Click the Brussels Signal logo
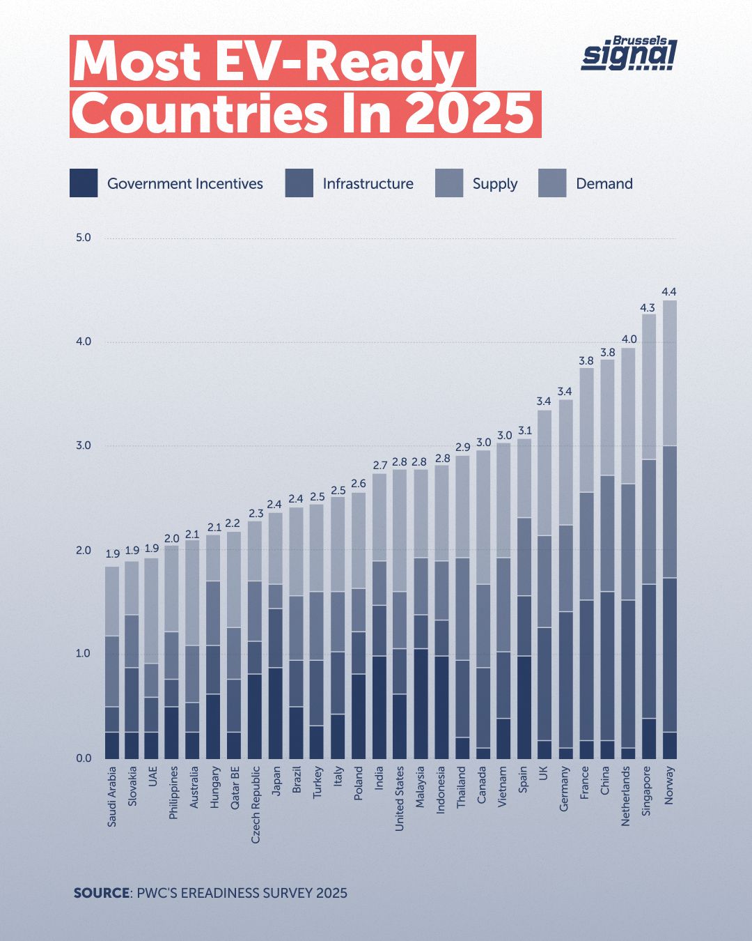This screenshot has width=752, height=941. (x=629, y=54)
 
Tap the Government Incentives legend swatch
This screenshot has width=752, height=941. (x=84, y=183)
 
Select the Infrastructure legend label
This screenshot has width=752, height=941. (x=368, y=184)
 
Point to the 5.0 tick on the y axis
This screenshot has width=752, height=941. (x=83, y=238)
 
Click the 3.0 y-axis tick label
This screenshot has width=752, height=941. (x=83, y=445)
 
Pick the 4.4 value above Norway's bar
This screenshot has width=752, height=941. (x=669, y=291)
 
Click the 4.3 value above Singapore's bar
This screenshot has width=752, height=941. (x=648, y=307)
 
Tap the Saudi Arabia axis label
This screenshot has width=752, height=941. (x=112, y=797)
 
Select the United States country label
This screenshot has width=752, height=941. (x=400, y=798)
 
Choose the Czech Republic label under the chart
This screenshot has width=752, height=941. (x=256, y=804)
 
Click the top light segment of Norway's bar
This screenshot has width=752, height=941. (x=669, y=373)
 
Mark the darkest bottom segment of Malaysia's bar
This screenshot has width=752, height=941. (x=421, y=703)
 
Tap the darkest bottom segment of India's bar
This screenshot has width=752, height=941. (x=379, y=707)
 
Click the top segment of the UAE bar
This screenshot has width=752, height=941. (x=151, y=611)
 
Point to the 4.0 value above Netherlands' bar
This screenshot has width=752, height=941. (x=628, y=339)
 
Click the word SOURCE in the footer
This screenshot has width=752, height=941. (x=102, y=893)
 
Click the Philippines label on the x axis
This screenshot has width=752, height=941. (x=174, y=793)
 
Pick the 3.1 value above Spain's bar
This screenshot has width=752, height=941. (x=524, y=430)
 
